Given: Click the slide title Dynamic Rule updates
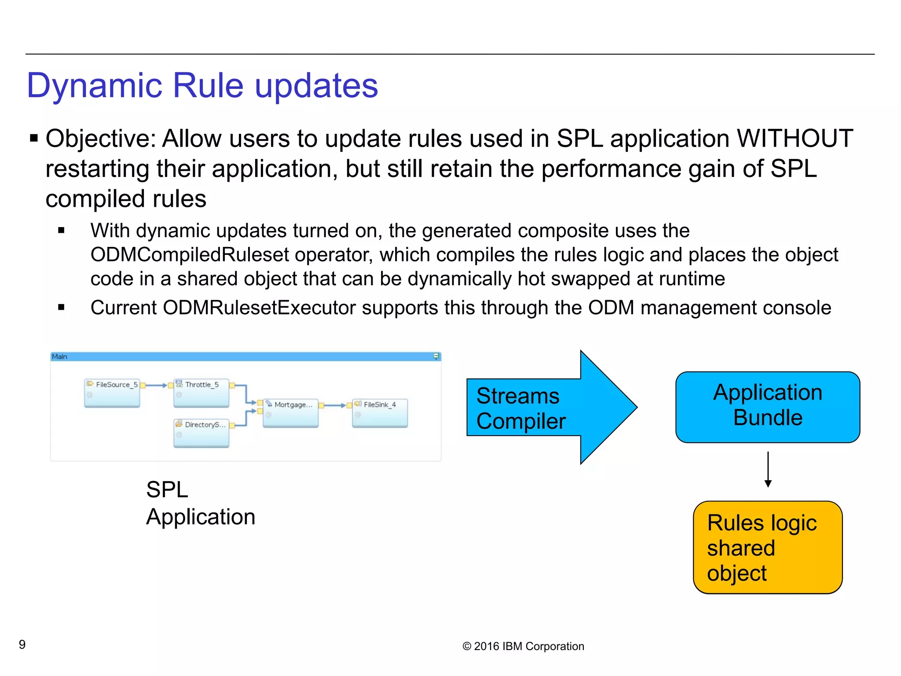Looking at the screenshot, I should point(202,85).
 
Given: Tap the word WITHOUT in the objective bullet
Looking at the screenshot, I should point(795,139).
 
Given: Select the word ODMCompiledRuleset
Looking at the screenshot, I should point(189,255).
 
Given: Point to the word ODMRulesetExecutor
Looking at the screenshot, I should point(259,308).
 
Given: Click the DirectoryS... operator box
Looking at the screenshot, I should point(201,433).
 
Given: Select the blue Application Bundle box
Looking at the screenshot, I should point(768,407).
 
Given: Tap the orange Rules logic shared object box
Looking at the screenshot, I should point(768,547).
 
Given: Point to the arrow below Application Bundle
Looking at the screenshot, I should point(768,469).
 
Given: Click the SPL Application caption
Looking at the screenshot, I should point(201,503).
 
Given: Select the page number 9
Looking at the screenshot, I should point(22,645).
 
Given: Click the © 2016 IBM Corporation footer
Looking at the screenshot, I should point(523,646).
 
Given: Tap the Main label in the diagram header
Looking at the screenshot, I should point(59,356).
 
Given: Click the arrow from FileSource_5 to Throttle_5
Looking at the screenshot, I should point(156,386).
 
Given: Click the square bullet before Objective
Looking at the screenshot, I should point(34,139).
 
